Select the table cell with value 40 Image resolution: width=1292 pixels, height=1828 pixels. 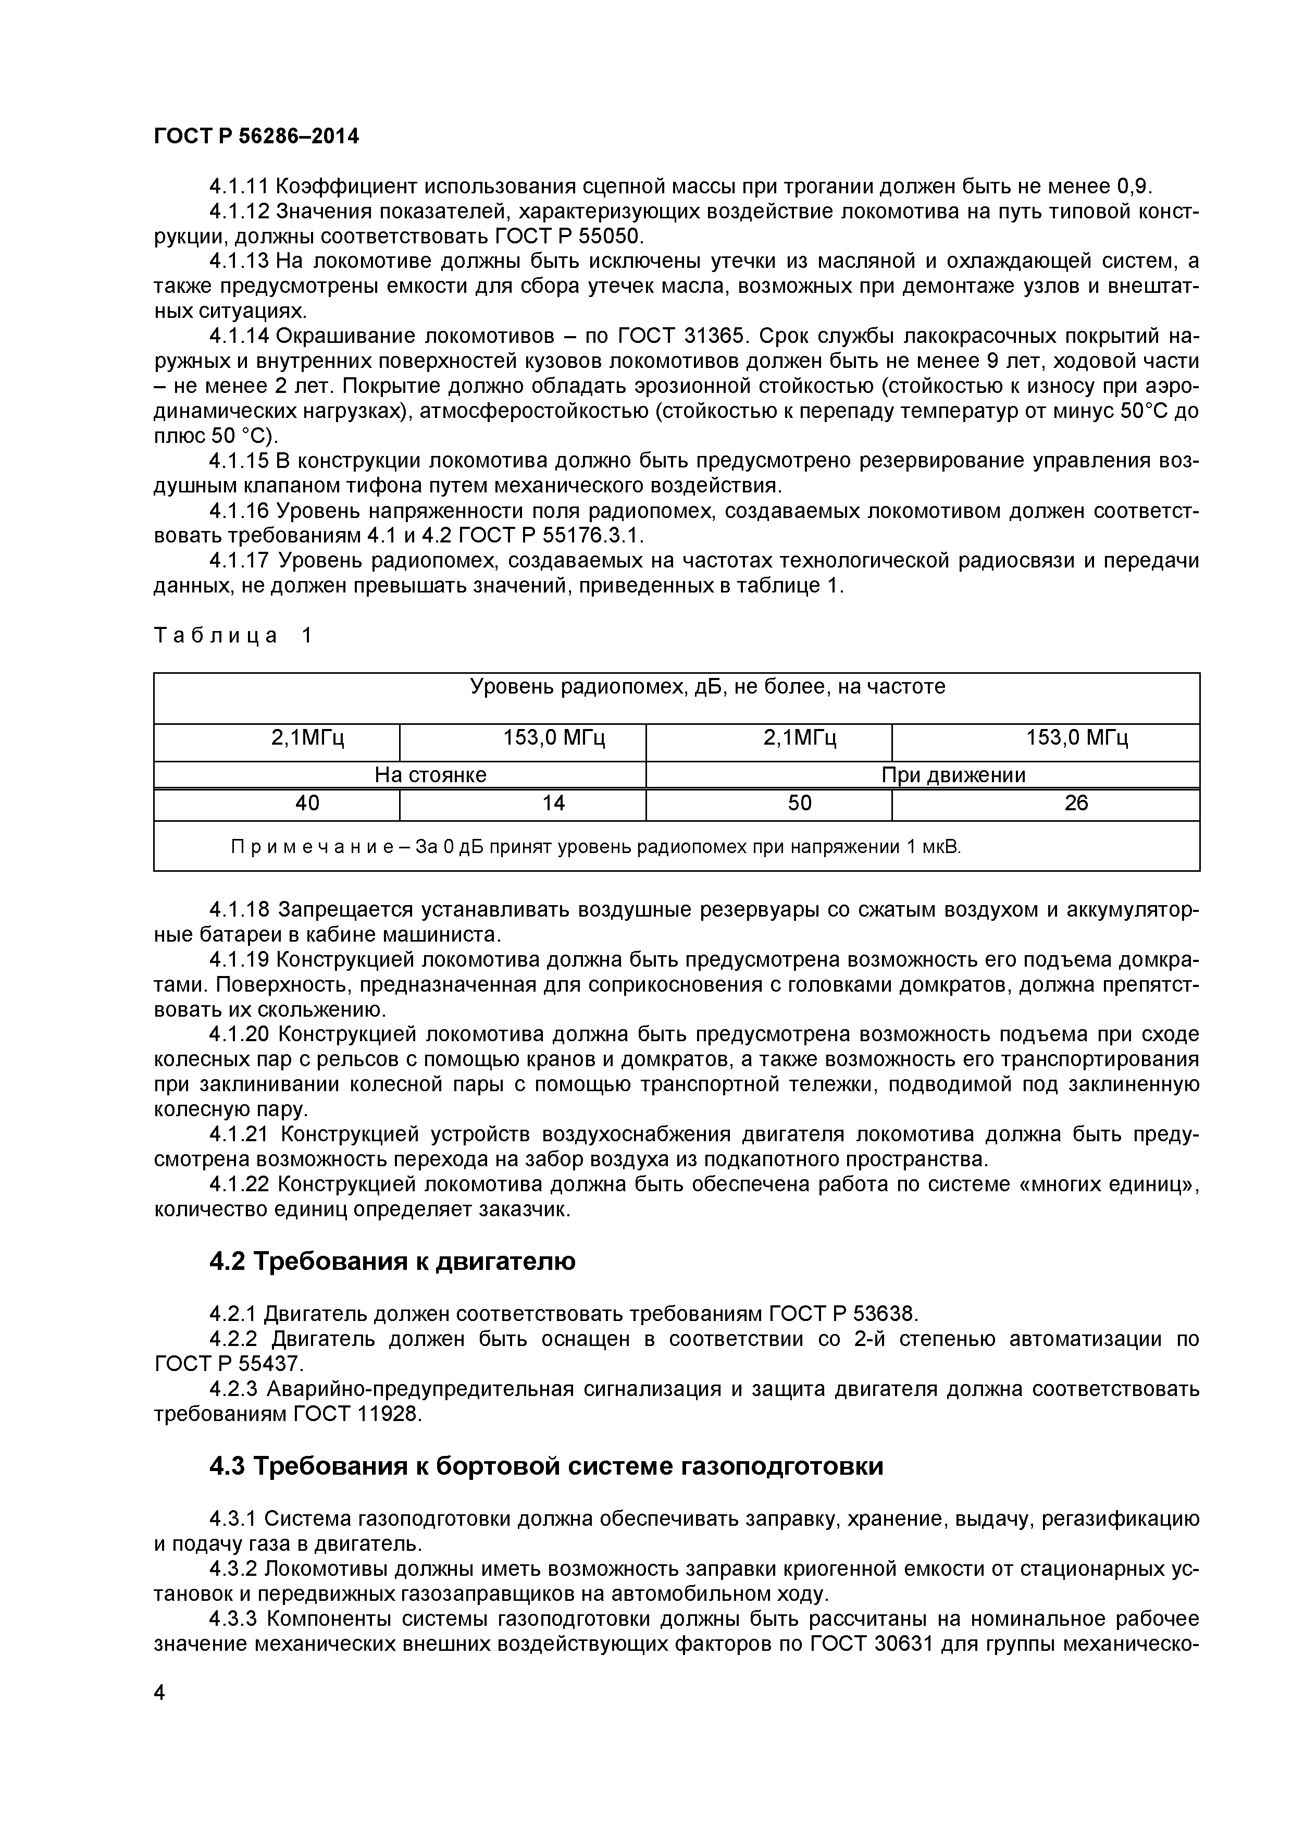pyautogui.click(x=307, y=804)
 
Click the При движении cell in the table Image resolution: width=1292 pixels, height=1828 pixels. pyautogui.click(x=953, y=775)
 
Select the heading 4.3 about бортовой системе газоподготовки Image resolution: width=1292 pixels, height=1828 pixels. pyautogui.click(x=546, y=1466)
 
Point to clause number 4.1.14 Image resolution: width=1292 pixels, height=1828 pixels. pyautogui.click(x=239, y=336)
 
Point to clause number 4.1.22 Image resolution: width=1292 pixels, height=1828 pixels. pyautogui.click(x=239, y=1184)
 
